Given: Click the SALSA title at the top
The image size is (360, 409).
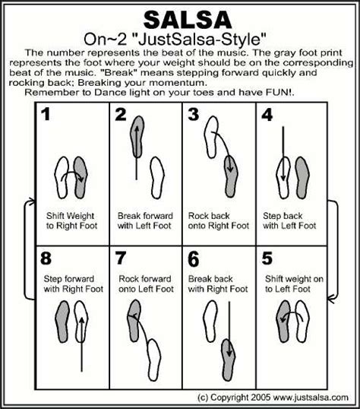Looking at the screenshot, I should [180, 17].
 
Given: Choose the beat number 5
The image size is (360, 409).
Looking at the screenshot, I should [266, 258].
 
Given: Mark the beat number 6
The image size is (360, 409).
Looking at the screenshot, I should [193, 258].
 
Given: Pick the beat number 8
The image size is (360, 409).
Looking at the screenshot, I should [48, 258].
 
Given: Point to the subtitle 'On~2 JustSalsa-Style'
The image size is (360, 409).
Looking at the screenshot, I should [180, 37].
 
